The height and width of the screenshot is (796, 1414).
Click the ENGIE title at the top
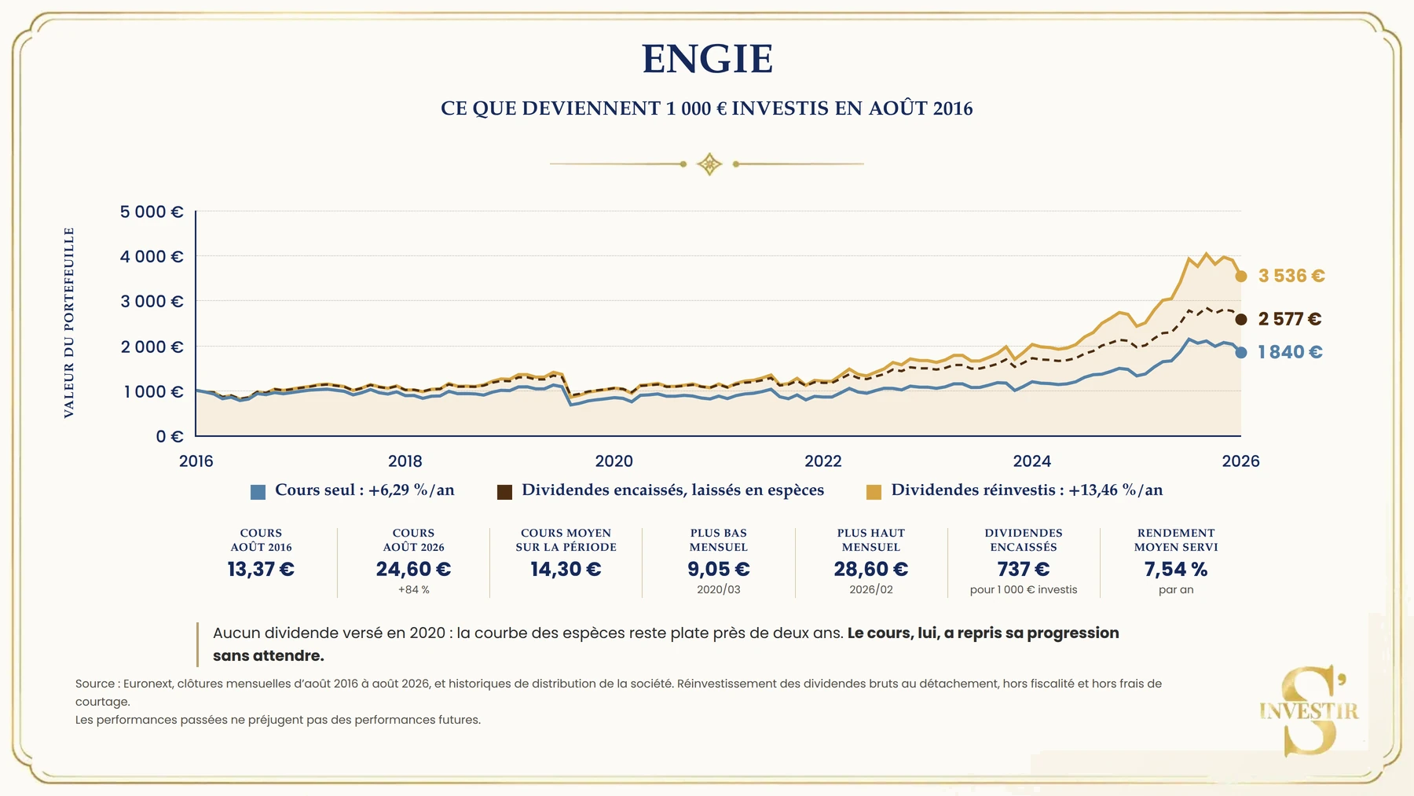point(707,59)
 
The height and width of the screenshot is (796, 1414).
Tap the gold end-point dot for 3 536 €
point(1241,276)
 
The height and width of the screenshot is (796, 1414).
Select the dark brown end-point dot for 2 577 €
point(1241,319)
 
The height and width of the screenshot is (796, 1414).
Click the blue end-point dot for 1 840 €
point(1241,353)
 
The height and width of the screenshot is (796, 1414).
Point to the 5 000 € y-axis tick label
point(152,211)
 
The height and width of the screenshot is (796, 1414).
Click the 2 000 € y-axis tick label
point(152,347)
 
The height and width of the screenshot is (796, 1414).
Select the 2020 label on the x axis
point(614,461)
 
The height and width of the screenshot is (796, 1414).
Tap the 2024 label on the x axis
point(1031,461)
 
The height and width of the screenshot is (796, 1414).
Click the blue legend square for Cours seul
point(258,492)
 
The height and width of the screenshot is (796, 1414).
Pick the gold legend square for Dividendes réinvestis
point(874,492)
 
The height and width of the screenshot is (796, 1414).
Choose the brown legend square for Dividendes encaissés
point(504,492)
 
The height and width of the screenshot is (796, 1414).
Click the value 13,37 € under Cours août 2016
point(261,569)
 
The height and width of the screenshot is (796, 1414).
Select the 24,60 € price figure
point(413,569)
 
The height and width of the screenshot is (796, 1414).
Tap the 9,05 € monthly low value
point(719,569)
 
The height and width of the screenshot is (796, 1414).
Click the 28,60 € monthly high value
point(871,569)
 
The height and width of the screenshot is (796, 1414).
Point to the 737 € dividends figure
point(1024,569)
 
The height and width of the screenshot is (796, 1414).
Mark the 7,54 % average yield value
point(1176,569)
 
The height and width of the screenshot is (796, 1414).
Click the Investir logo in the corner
point(1310,710)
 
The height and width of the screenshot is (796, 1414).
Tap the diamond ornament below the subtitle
point(709,164)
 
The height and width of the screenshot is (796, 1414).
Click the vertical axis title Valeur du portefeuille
point(69,323)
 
